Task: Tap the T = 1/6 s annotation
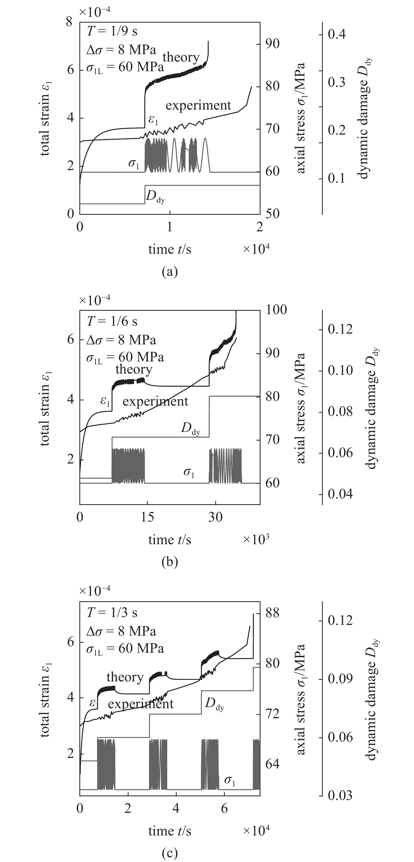pyautogui.click(x=112, y=321)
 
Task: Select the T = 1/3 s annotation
pyautogui.click(x=112, y=612)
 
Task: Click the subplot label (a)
pyautogui.click(x=170, y=271)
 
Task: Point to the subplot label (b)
pyautogui.click(x=170, y=562)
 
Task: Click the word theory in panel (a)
pyautogui.click(x=181, y=57)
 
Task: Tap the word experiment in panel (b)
pyautogui.click(x=155, y=401)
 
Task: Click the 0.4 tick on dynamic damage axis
pyautogui.click(x=337, y=34)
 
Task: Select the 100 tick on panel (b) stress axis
pyautogui.click(x=277, y=309)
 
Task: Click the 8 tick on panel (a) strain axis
pyautogui.click(x=70, y=22)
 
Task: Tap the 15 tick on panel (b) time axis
pyautogui.click(x=147, y=517)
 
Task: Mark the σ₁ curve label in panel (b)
pyautogui.click(x=189, y=472)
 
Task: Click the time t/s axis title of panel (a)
pyautogui.click(x=170, y=249)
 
